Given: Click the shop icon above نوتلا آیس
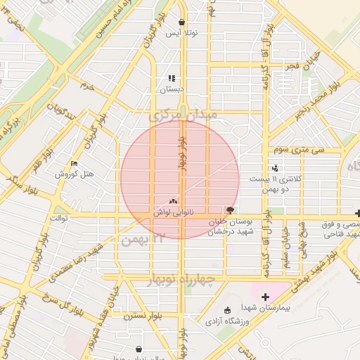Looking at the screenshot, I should [x=182, y=22].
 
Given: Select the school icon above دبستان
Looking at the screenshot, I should [x=172, y=78].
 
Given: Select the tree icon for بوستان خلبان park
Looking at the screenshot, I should [x=229, y=210].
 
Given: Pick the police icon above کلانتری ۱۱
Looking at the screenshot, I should [x=275, y=168].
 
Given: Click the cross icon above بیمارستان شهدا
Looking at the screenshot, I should [x=265, y=296].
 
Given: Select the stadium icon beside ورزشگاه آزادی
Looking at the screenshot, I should [x=226, y=310].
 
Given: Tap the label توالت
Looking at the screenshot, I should [x=58, y=218].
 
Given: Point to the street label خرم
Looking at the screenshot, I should [x=87, y=85].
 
